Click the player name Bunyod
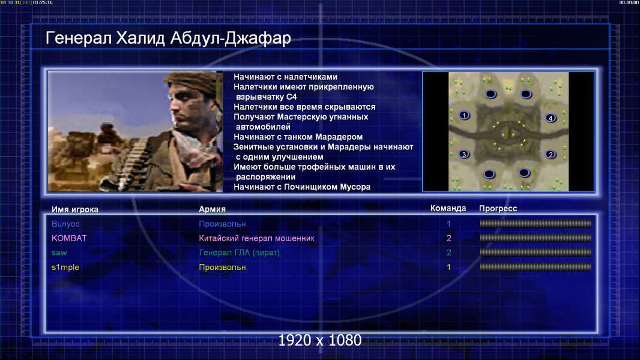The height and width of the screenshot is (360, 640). [x=65, y=224]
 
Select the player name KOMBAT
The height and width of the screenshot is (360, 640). [x=69, y=238]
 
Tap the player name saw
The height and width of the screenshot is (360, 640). [x=59, y=253]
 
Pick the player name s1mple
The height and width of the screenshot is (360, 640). [x=65, y=268]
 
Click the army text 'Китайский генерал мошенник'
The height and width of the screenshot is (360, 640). [x=256, y=238]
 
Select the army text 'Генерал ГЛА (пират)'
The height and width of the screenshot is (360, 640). [x=239, y=253]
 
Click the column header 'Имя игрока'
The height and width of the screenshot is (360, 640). [x=74, y=209]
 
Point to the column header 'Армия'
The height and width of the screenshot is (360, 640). [x=213, y=209]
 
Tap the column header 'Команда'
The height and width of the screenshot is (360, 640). [x=448, y=208]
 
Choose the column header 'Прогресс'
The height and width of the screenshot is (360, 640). [x=498, y=209]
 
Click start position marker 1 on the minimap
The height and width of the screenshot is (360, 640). [x=464, y=115]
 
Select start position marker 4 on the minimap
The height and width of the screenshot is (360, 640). [x=551, y=118]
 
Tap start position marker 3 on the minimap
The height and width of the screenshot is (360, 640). [x=463, y=154]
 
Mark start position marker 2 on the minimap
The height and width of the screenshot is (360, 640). [x=551, y=155]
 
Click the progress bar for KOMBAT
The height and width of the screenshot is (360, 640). [x=536, y=238]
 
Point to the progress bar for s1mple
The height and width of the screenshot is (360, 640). [x=536, y=267]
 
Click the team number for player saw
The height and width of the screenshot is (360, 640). [x=448, y=253]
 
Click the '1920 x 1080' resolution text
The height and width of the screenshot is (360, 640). [x=319, y=340]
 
